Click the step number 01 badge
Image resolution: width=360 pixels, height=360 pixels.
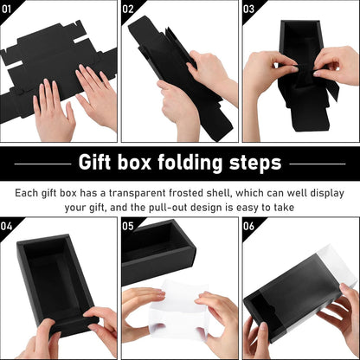pos(9,10)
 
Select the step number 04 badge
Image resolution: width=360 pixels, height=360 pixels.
pos(9,226)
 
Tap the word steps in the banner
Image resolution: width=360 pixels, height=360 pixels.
pos(255,164)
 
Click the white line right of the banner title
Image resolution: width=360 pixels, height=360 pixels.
pos(320,164)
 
